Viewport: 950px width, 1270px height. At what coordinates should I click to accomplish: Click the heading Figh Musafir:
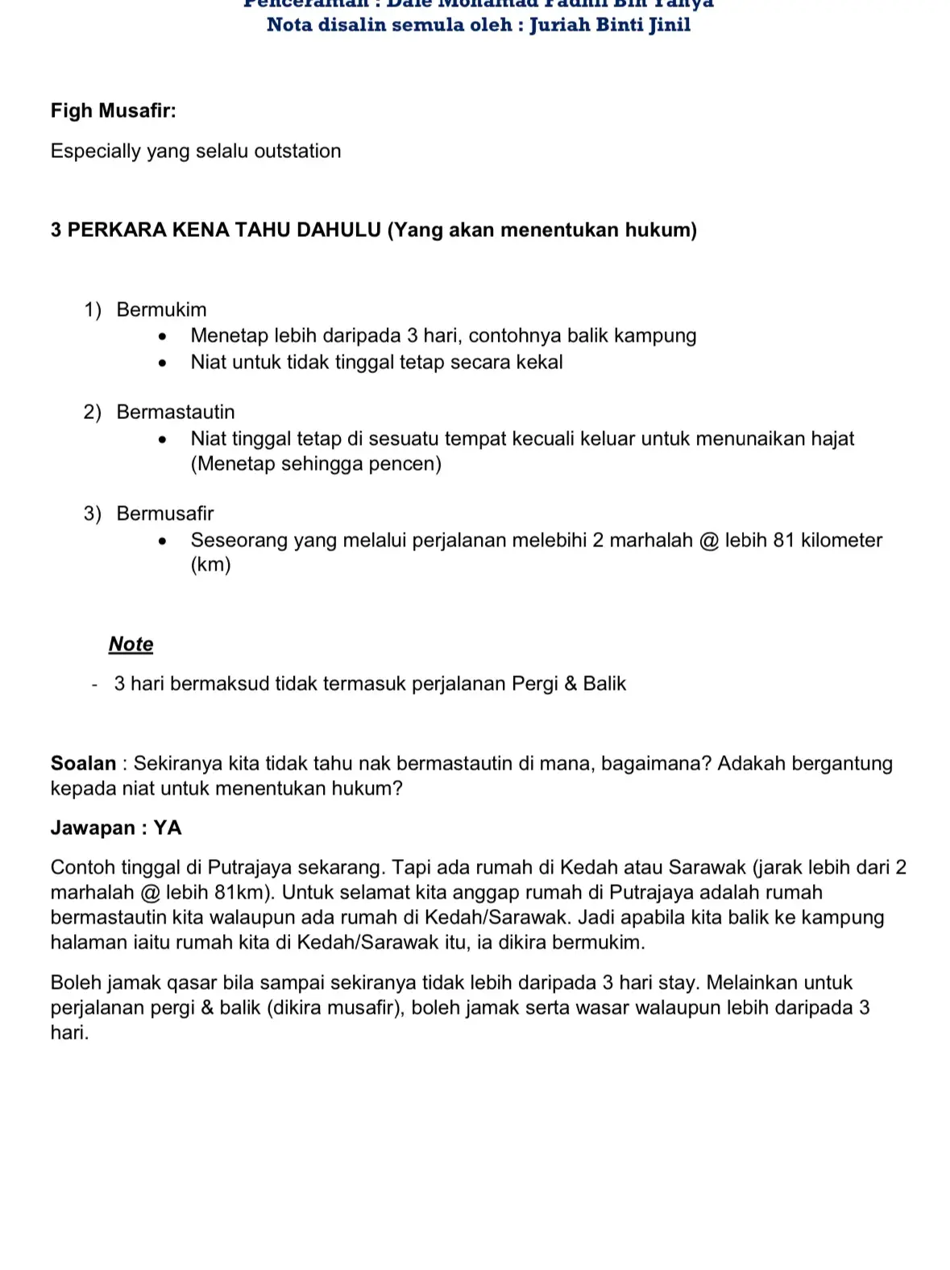click(x=113, y=110)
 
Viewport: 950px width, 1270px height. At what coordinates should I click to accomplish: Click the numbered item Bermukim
click(x=161, y=309)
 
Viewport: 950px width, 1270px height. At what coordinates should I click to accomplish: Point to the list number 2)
click(x=93, y=412)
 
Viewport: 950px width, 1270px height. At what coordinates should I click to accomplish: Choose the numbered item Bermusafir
click(x=164, y=513)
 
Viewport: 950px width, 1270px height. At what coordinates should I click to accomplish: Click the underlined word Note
click(x=131, y=644)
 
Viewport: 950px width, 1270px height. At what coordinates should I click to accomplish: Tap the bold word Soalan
click(x=83, y=763)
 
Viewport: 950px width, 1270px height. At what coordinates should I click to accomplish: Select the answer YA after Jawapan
click(x=168, y=828)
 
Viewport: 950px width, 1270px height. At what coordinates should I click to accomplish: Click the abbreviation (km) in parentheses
click(x=210, y=564)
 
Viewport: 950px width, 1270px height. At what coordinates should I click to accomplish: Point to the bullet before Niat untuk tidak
click(x=163, y=363)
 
